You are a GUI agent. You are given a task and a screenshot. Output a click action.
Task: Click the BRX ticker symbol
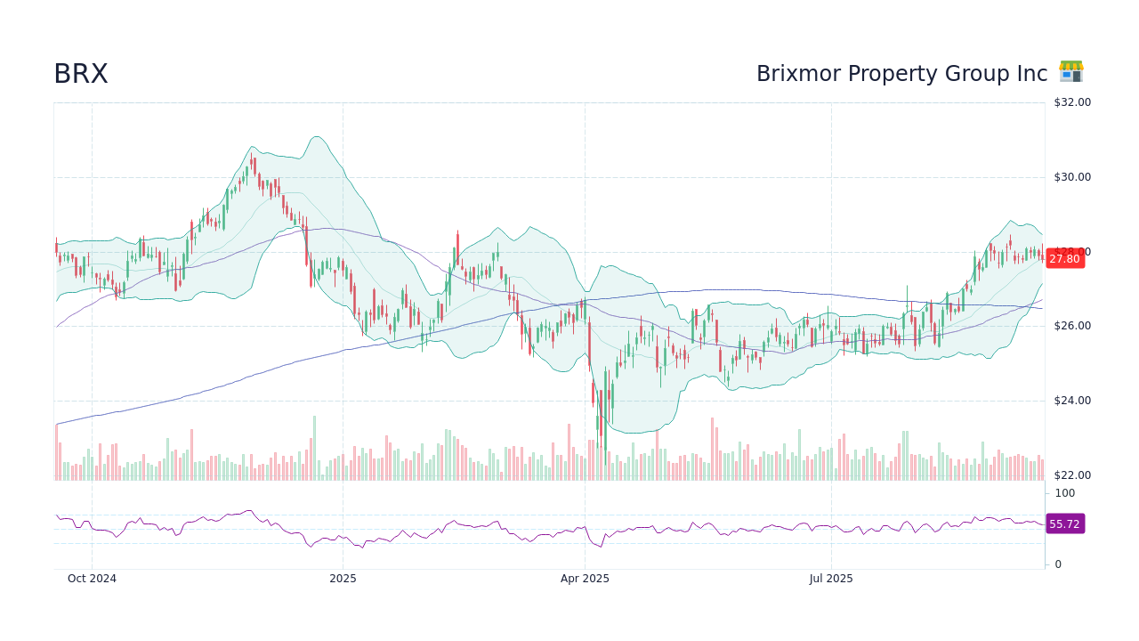click(81, 74)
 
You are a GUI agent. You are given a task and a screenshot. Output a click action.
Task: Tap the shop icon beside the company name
click(1070, 72)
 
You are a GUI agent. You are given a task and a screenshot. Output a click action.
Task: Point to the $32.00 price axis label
click(1071, 102)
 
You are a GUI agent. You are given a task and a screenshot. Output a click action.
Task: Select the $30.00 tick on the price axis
click(1071, 177)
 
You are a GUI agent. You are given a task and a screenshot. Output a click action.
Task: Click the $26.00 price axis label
click(1071, 326)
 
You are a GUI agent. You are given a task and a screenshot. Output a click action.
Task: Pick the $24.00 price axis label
click(1071, 401)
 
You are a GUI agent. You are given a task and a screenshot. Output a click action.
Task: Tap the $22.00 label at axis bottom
click(1071, 475)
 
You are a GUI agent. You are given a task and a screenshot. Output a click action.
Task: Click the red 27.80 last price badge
click(1064, 259)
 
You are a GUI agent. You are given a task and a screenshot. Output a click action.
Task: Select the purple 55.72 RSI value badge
click(1064, 524)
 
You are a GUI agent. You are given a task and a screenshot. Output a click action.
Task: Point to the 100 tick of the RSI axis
click(1065, 493)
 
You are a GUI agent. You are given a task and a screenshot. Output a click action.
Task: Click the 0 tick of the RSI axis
click(1058, 564)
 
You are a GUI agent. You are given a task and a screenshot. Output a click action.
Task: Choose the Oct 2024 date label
click(92, 579)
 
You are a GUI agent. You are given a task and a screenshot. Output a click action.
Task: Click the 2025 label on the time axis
click(343, 579)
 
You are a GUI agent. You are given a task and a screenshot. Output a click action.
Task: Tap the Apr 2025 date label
click(585, 579)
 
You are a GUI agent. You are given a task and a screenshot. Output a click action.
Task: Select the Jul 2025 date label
click(831, 579)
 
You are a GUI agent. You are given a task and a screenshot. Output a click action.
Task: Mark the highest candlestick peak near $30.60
click(252, 153)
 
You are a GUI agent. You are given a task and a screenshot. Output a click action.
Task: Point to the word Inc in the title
click(1031, 74)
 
